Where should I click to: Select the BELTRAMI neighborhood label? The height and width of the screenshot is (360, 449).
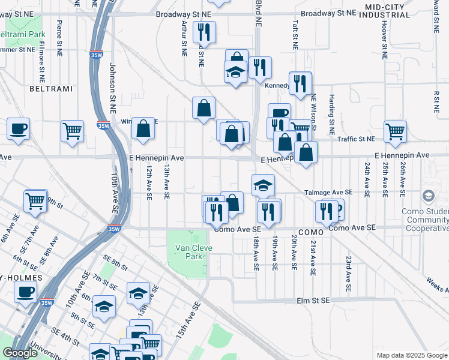pyautogui.click(x=50, y=89)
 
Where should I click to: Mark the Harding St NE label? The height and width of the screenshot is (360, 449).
pyautogui.click(x=331, y=113)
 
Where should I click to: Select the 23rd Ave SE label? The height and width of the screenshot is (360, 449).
pyautogui.click(x=348, y=274)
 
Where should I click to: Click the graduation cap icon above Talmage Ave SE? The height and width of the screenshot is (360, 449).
pyautogui.click(x=262, y=185)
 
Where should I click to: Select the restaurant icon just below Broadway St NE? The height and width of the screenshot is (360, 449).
pyautogui.click(x=204, y=33)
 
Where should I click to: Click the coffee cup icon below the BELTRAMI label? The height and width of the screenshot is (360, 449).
pyautogui.click(x=19, y=128)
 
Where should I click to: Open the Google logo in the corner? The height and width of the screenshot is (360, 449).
pyautogui.click(x=20, y=353)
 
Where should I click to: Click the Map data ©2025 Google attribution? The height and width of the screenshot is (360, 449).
pyautogui.click(x=411, y=355)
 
